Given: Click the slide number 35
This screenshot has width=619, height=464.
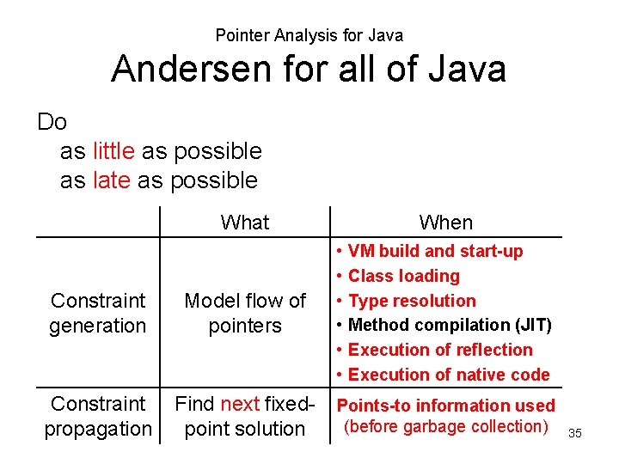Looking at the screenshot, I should click(575, 433).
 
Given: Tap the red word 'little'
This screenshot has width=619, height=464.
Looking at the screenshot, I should click(113, 151).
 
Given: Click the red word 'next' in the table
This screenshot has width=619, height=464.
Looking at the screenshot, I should click(240, 404).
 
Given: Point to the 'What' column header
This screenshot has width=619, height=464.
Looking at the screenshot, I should click(245, 223).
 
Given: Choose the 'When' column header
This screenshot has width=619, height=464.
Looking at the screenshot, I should click(445, 223).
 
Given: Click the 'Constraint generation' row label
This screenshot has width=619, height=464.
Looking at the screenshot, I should click(98, 313).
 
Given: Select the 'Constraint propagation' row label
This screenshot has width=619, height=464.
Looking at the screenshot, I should click(98, 416).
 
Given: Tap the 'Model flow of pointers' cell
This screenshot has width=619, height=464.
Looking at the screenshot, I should click(245, 313).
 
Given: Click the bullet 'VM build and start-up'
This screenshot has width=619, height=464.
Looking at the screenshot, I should click(435, 251).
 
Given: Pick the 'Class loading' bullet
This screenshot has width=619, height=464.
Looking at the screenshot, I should click(403, 276).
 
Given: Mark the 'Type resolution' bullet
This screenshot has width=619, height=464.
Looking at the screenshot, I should click(411, 301).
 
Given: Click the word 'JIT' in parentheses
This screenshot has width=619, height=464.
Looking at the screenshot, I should click(532, 325).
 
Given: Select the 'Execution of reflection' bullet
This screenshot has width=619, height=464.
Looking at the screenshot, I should click(440, 350).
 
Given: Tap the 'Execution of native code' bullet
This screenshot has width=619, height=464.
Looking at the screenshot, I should click(448, 375).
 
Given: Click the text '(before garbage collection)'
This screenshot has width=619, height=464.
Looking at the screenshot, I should click(446, 426).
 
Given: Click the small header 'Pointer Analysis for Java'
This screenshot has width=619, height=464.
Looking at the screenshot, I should click(309, 35).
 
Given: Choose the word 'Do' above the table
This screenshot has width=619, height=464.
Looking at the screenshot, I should click(52, 122).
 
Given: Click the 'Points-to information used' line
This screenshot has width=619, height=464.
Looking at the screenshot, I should click(446, 406).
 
